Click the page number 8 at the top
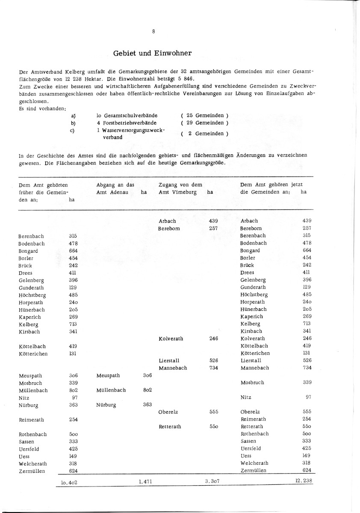153,31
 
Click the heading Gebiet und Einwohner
152,53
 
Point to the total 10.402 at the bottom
69,482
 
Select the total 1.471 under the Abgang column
145,481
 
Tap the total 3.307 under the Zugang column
212,481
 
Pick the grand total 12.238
304,481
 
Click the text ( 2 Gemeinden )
204,134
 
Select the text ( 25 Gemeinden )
204,115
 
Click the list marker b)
73,123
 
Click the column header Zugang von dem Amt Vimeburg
180,189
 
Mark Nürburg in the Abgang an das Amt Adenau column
106,404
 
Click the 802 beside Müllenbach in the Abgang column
148,390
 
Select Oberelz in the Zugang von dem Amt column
168,412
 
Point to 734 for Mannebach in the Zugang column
214,368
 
